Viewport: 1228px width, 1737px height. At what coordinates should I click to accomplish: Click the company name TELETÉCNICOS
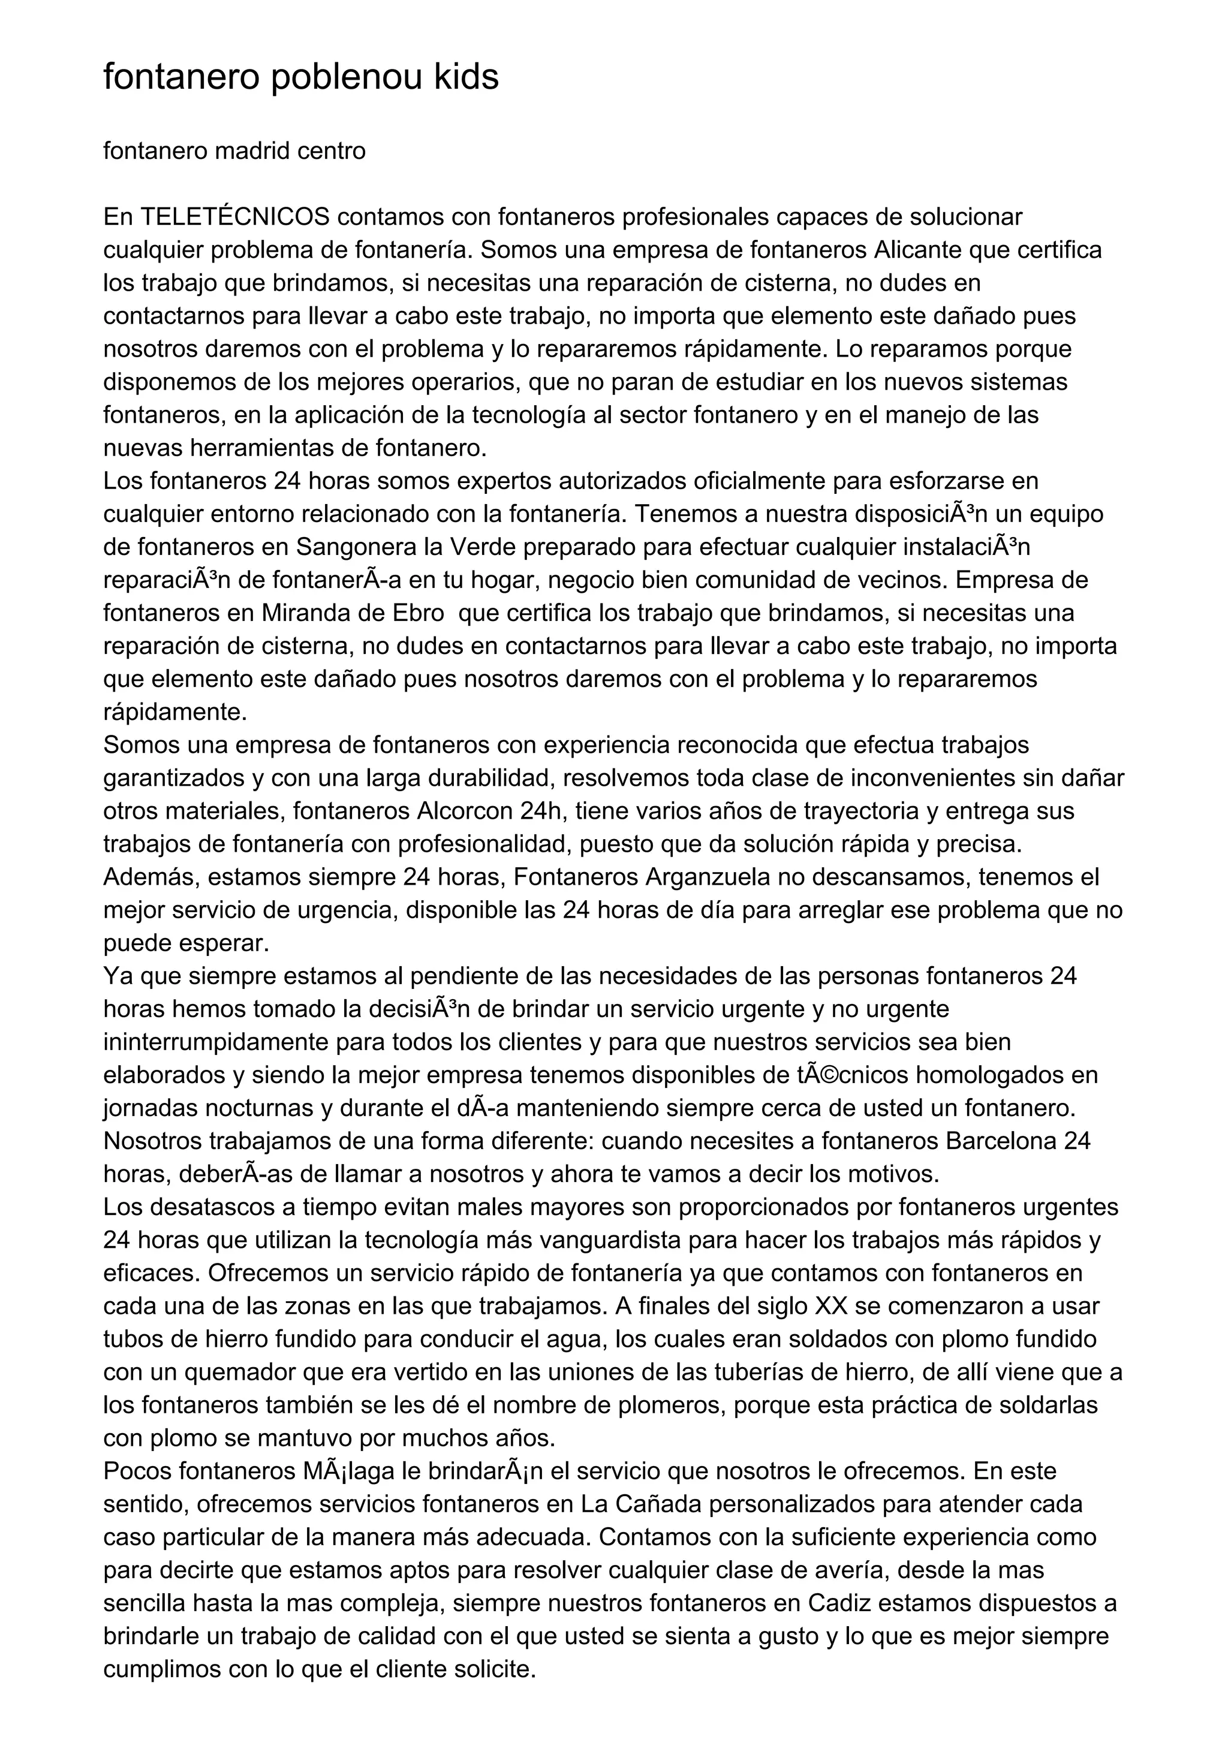click(235, 217)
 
